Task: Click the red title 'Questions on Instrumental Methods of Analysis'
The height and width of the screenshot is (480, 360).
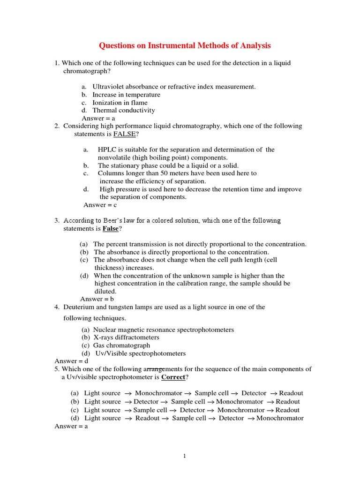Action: click(185, 45)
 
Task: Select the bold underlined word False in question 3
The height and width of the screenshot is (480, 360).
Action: click(111, 228)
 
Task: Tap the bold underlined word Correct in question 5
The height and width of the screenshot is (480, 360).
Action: click(173, 377)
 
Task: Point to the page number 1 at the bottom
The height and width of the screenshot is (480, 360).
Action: click(185, 456)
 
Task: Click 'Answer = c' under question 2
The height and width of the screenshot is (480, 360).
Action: click(100, 205)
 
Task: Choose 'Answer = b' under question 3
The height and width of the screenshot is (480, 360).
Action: click(97, 299)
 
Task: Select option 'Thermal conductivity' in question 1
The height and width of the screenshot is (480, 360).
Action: click(124, 110)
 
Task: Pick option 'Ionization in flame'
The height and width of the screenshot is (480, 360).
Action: click(120, 102)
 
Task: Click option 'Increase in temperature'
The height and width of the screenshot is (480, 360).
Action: click(126, 94)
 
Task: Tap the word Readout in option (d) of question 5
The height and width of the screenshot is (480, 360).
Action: click(147, 418)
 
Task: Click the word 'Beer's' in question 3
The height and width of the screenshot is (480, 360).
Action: click(120, 220)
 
